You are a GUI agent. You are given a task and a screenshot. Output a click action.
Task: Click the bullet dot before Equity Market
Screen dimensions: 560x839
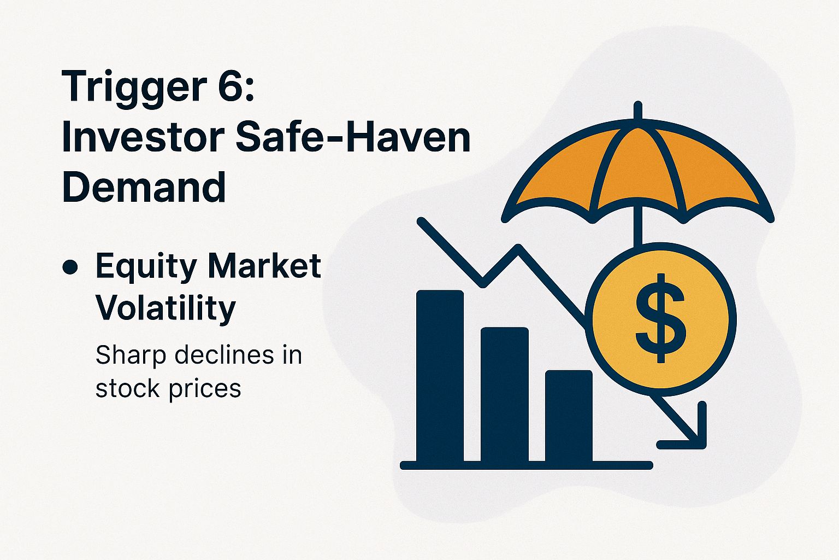(70, 267)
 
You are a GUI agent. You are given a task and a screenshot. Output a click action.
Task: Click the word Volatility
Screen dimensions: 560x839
(166, 307)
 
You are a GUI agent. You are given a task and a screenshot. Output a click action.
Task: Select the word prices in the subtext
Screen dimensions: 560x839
(205, 389)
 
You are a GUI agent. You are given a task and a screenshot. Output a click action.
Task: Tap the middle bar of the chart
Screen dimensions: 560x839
(504, 395)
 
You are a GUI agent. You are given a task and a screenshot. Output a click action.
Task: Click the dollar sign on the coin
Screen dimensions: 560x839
(660, 318)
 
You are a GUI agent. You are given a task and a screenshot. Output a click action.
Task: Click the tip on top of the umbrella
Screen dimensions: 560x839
(637, 109)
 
